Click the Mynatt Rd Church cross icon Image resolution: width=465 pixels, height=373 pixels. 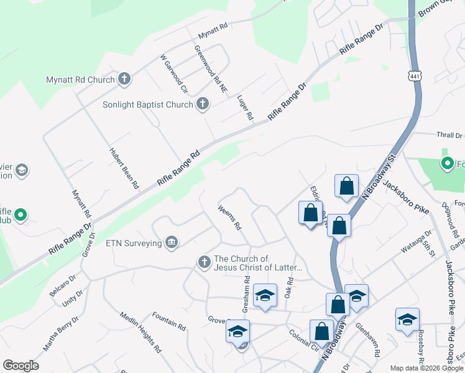[x=124, y=79]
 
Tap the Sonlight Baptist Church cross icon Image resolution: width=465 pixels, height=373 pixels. [x=202, y=104]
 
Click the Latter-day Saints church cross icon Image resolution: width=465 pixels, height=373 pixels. [x=205, y=263]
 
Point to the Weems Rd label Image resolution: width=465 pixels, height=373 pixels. [x=229, y=218]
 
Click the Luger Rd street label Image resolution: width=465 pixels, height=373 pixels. [x=246, y=108]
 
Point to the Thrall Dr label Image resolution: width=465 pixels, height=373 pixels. [x=449, y=135]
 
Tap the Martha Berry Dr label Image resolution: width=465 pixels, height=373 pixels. [x=61, y=333]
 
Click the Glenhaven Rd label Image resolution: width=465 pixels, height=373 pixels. [x=367, y=339]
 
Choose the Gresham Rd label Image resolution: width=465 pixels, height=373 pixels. [x=247, y=298]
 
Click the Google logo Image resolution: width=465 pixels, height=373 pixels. [x=21, y=366]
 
